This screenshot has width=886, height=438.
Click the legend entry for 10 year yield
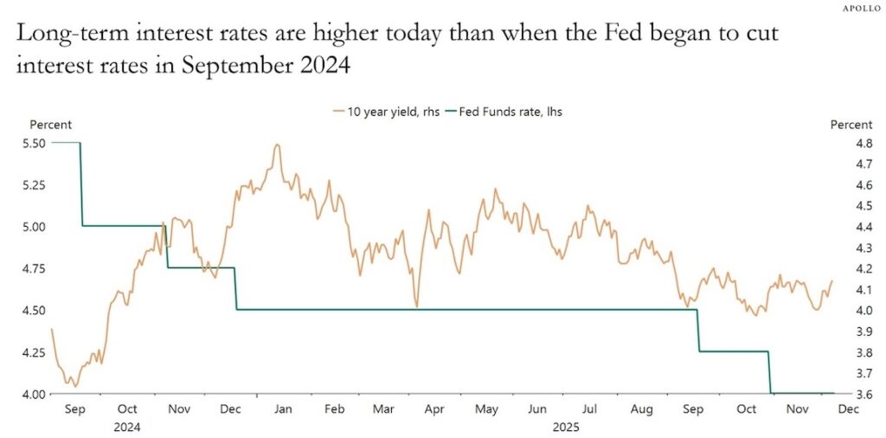pos(384,112)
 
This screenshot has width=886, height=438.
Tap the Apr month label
pos(435,409)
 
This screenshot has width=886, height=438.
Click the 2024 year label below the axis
pos(126,427)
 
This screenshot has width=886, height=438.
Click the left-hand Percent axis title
pos(51,126)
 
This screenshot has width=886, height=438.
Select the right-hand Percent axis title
pos(851,126)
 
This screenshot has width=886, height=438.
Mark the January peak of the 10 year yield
pos(277,145)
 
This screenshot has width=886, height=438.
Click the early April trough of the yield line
pos(416,306)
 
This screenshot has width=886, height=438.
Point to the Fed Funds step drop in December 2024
pos(235,288)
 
